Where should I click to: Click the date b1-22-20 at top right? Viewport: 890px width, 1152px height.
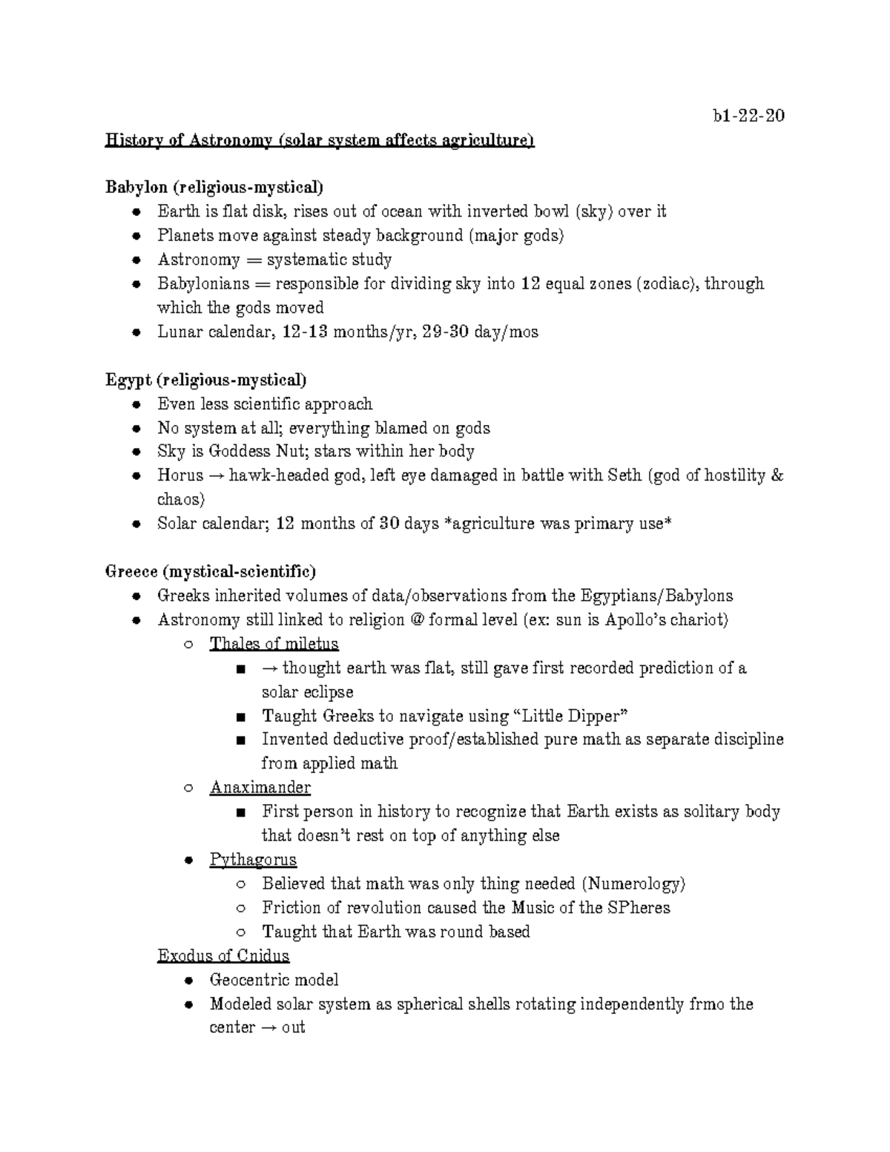(748, 116)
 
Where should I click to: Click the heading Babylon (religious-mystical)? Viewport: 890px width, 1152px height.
(214, 187)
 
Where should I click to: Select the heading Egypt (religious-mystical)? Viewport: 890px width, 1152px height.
(205, 380)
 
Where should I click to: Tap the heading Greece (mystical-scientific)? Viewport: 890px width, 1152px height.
(211, 572)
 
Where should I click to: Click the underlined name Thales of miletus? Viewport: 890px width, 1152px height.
(274, 644)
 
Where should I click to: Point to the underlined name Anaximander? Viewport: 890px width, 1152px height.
(260, 787)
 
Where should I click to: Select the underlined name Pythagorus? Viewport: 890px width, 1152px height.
(253, 860)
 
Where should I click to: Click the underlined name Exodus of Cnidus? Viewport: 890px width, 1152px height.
(223, 955)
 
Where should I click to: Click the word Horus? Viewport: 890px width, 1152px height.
(180, 475)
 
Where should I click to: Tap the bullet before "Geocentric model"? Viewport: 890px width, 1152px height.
(190, 981)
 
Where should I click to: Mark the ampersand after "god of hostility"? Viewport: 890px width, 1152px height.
(777, 475)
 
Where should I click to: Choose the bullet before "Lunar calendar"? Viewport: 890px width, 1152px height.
(136, 332)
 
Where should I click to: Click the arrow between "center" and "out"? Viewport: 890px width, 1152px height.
(268, 1028)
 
